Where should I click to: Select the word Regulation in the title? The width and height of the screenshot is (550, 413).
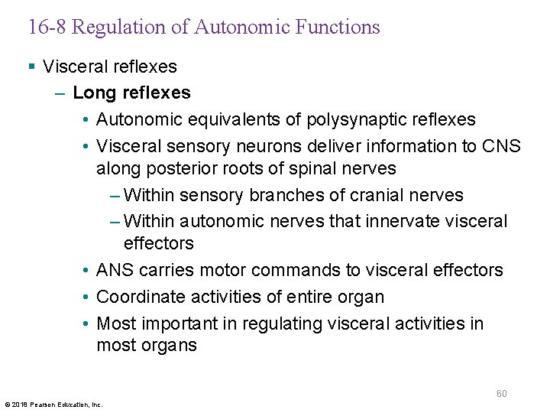pos(108,28)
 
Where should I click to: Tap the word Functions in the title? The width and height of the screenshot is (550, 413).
pos(340,28)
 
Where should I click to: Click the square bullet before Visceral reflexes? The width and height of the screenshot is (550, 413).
pos(31,67)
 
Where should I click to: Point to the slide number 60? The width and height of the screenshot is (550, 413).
pos(501,394)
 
